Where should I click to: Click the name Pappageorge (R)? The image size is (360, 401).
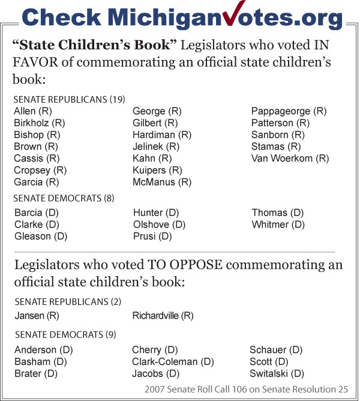tap(289, 111)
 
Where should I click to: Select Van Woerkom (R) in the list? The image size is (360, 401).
tap(290, 158)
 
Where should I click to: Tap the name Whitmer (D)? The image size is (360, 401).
tap(278, 225)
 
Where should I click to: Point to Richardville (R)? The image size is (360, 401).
tap(163, 315)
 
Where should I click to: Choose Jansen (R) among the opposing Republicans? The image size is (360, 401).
tap(37, 315)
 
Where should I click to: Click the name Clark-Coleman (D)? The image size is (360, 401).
tap(173, 361)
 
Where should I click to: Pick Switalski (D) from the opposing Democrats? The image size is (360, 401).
tap(277, 373)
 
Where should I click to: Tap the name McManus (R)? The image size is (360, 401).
tap(162, 182)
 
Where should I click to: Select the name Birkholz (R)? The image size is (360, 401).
tap(40, 123)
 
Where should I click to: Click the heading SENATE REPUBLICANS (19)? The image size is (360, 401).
tap(69, 99)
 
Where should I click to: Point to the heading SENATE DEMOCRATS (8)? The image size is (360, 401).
tap(64, 198)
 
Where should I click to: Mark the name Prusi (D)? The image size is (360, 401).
tap(152, 237)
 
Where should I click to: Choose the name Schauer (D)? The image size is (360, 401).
tap(276, 349)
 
